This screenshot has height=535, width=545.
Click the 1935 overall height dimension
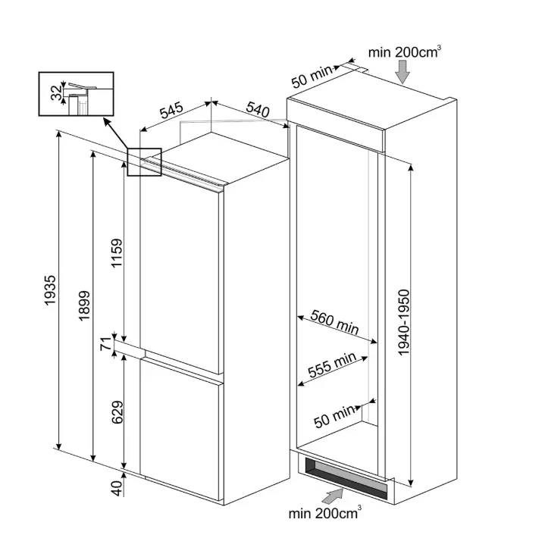point(50,290)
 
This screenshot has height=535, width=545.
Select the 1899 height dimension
point(84,305)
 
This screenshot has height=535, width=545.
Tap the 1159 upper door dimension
point(117,253)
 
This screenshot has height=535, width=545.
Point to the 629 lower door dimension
point(117,412)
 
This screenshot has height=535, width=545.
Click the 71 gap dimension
point(105,343)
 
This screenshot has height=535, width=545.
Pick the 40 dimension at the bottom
point(117,488)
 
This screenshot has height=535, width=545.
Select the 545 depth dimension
point(171,109)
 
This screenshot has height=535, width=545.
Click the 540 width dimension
point(258,109)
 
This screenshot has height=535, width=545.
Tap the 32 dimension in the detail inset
point(56,92)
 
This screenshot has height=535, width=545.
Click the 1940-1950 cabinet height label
point(404,322)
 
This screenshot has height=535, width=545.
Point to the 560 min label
point(334,322)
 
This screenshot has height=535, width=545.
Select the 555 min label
point(332,364)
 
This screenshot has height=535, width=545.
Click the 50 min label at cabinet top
point(312,77)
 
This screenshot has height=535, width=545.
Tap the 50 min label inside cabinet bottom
point(334,417)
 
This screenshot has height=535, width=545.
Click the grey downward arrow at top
point(402,71)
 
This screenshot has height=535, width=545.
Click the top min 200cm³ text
point(405,52)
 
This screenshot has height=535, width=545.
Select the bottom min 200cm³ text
point(324,513)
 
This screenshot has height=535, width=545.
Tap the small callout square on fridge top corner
point(144,162)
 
